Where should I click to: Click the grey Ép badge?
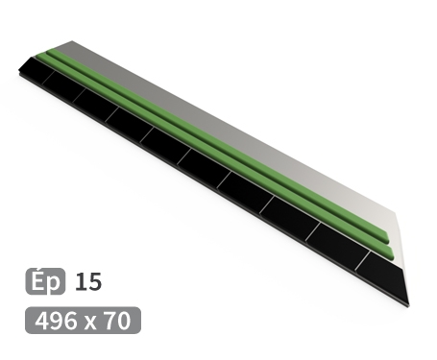[44, 281]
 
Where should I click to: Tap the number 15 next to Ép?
[87, 281]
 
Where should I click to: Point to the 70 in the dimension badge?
[116, 320]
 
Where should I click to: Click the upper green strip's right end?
[387, 236]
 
